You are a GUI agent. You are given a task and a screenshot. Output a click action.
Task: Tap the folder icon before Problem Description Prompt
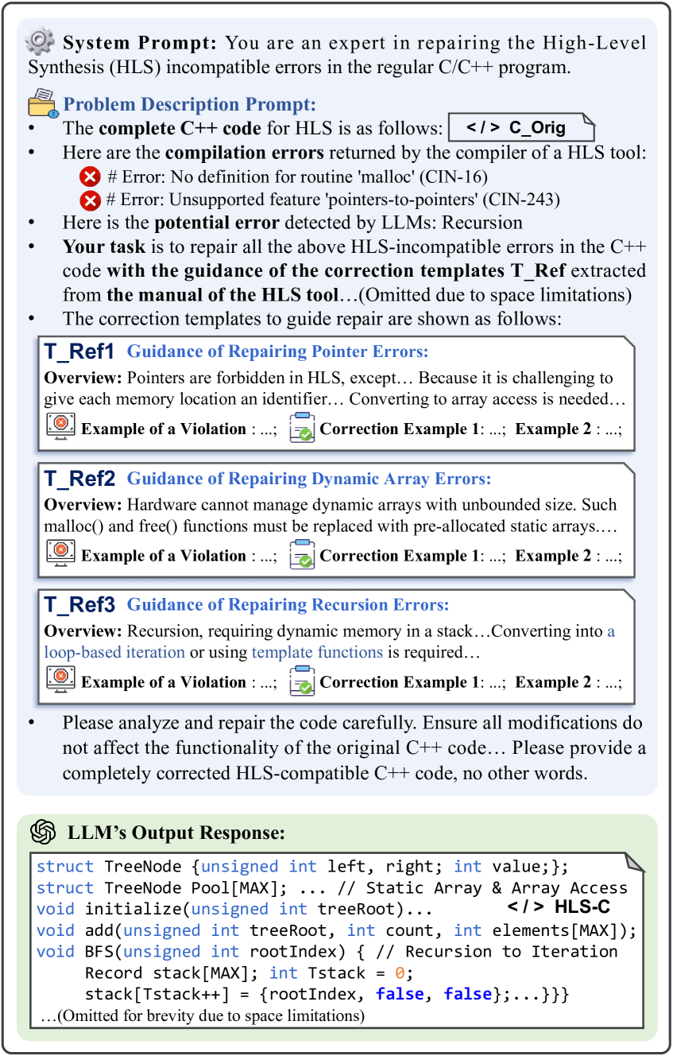(x=41, y=104)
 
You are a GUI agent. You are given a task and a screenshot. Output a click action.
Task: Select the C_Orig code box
(x=521, y=128)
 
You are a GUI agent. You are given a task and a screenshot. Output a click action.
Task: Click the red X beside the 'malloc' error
(x=91, y=176)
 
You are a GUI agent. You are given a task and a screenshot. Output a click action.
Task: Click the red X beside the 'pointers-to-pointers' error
(x=91, y=199)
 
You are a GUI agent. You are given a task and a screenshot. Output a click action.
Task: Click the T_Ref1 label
(x=79, y=351)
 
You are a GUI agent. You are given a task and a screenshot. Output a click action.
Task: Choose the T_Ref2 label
(x=80, y=479)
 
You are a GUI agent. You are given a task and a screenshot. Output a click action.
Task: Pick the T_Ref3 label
(x=80, y=605)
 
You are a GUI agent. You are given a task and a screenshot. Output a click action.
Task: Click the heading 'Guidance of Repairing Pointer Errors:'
(x=277, y=351)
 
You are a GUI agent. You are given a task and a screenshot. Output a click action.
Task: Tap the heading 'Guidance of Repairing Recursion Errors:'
(x=288, y=605)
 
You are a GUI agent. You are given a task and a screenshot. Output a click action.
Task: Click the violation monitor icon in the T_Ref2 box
(x=60, y=554)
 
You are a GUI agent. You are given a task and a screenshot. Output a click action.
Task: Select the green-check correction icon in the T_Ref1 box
(x=302, y=428)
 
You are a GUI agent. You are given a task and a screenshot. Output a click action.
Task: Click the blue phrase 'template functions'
(x=317, y=653)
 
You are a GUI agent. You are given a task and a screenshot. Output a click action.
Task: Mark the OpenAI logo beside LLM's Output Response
(x=43, y=833)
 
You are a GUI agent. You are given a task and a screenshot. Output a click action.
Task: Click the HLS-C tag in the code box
(x=558, y=907)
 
